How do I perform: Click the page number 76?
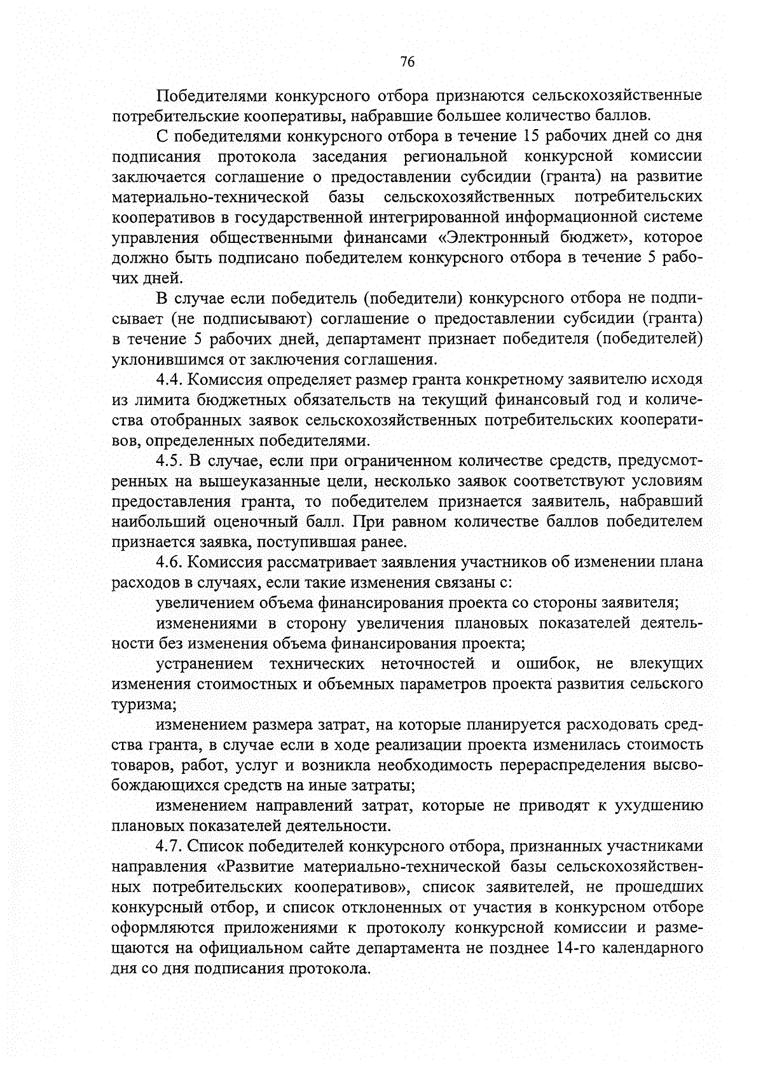click(408, 62)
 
